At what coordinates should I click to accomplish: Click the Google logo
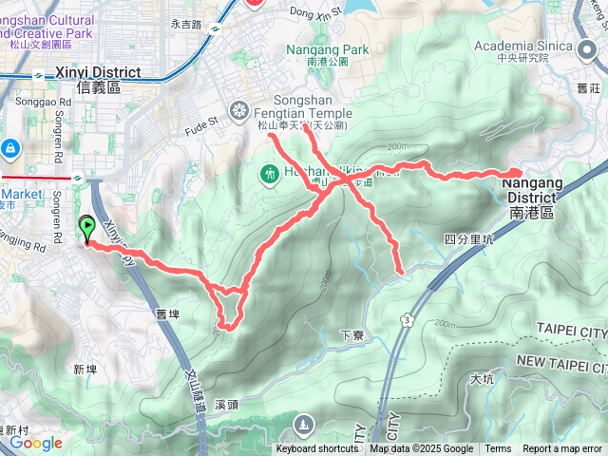tap(36, 443)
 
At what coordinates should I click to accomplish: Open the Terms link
tap(498, 449)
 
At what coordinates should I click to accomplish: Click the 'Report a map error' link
tap(562, 449)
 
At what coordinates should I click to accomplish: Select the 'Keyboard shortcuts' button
tap(317, 449)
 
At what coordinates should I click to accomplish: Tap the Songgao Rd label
tap(38, 102)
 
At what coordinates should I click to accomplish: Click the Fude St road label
tap(201, 121)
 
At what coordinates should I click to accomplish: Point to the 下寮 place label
tap(351, 335)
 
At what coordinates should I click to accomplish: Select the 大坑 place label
tap(482, 379)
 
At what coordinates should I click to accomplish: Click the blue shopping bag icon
tap(10, 148)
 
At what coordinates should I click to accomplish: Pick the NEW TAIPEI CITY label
tap(561, 364)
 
